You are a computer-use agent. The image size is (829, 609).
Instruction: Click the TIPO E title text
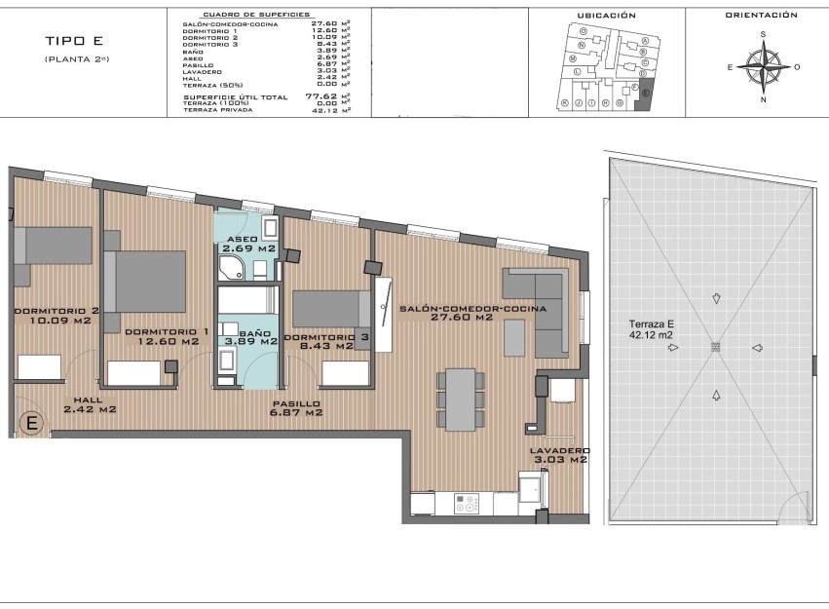click(72, 41)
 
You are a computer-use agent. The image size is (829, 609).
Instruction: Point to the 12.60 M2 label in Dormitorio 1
click(166, 341)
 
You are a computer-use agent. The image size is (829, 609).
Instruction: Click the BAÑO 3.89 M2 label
click(247, 338)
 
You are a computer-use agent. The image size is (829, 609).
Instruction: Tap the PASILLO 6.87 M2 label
click(296, 408)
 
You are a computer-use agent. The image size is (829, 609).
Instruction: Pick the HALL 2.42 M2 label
click(90, 404)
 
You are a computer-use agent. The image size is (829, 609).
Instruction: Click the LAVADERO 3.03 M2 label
click(558, 455)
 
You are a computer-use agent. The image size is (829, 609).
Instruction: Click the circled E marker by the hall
click(31, 423)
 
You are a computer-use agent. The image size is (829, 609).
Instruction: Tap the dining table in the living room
click(458, 399)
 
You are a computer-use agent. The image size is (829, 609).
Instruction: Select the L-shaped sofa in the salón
click(536, 311)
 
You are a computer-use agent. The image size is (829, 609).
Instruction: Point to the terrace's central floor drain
click(716, 346)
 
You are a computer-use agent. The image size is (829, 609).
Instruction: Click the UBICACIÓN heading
click(606, 16)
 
